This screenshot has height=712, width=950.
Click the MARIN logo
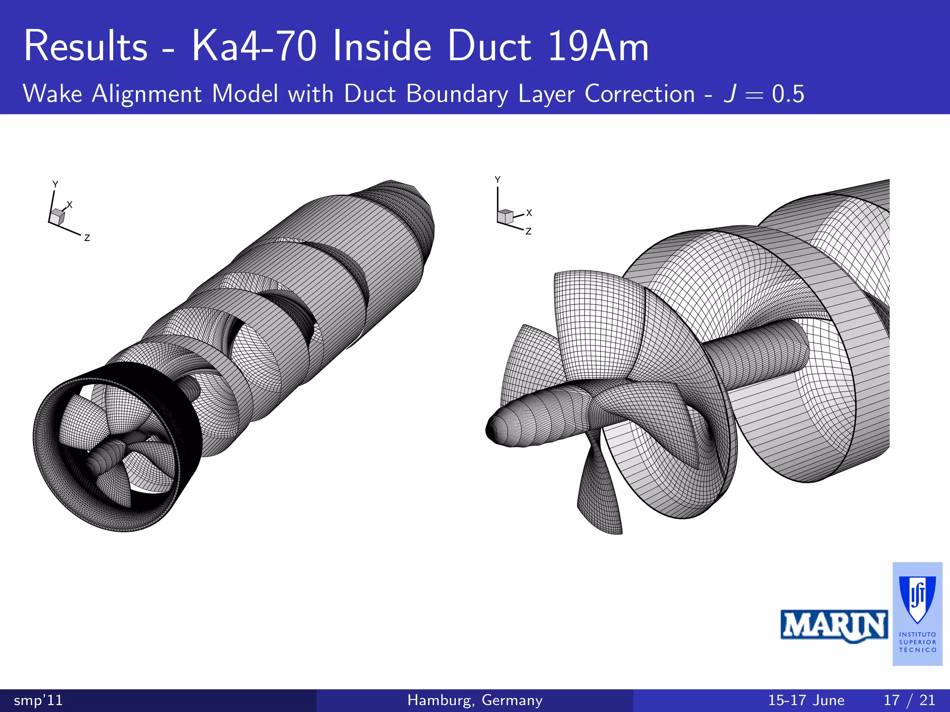pyautogui.click(x=834, y=626)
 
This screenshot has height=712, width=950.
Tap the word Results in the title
pyautogui.click(x=86, y=46)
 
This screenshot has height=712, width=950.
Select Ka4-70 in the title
pyautogui.click(x=254, y=46)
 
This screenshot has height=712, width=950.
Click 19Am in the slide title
pyautogui.click(x=598, y=46)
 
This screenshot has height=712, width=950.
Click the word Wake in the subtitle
pyautogui.click(x=52, y=94)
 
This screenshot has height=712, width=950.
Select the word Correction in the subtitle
pyautogui.click(x=640, y=94)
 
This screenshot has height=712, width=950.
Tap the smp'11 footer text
pyautogui.click(x=38, y=700)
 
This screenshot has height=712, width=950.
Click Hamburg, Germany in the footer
pyautogui.click(x=475, y=700)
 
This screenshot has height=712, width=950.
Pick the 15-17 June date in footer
pyautogui.click(x=806, y=700)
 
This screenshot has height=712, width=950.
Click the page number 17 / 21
pyautogui.click(x=909, y=700)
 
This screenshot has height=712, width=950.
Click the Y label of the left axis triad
pyautogui.click(x=55, y=184)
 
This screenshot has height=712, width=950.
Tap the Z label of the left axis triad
pyautogui.click(x=87, y=238)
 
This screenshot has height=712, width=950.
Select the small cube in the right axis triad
pyautogui.click(x=505, y=216)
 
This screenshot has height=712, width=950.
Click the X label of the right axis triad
pyautogui.click(x=529, y=213)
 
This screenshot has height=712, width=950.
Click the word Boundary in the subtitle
pyautogui.click(x=457, y=94)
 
